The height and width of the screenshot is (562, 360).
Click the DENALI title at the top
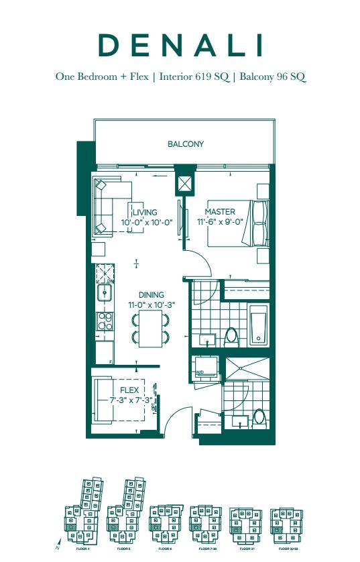point(180,45)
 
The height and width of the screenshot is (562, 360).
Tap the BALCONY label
point(186,144)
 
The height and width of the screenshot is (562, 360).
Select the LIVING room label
point(144,213)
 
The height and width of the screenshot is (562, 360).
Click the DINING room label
point(151,294)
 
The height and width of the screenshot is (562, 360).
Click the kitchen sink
point(105,293)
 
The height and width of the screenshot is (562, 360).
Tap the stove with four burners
point(105,322)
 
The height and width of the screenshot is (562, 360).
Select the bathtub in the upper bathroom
point(258,328)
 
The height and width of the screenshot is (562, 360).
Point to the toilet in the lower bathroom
point(259,418)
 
